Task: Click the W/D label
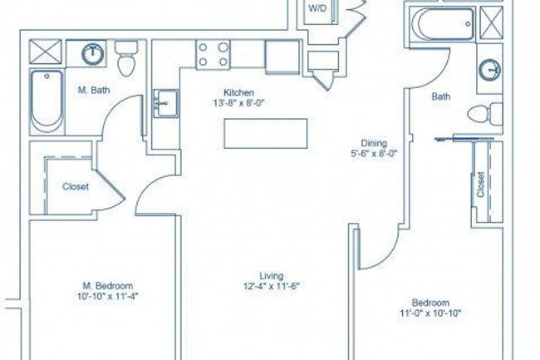317,8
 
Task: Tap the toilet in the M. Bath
125,58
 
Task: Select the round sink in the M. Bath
93,54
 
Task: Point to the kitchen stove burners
214,54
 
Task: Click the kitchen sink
166,103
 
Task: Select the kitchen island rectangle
266,133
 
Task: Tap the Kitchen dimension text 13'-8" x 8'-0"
239,103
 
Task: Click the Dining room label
374,143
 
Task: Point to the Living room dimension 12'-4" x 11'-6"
272,286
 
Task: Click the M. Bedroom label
107,285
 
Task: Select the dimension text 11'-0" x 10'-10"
430,313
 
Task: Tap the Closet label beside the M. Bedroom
76,187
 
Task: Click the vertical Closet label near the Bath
481,185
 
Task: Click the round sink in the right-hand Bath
490,70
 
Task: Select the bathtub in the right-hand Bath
442,24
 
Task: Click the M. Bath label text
94,90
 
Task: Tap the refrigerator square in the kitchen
282,57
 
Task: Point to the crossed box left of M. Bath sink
46,52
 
